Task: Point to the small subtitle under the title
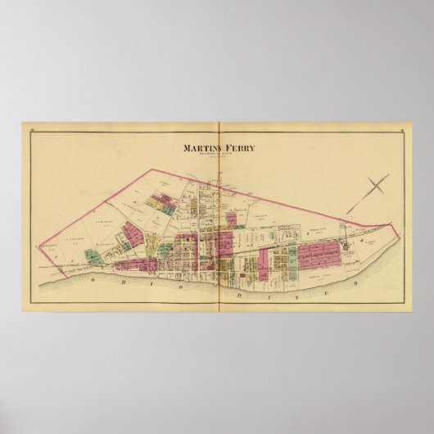pos(218,158)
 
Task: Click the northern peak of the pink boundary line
pos(150,169)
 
